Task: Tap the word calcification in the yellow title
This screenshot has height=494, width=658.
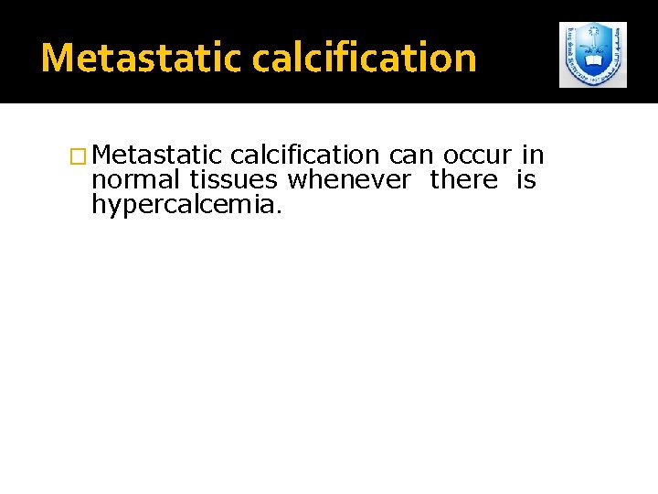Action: pos(364,58)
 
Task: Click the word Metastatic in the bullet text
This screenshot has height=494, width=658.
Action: pos(156,156)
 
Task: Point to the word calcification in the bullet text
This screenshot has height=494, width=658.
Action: pos(305,156)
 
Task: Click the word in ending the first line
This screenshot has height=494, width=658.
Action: pos(533,156)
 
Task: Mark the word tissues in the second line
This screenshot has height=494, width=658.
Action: pos(233,179)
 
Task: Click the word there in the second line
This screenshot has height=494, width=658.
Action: pos(464,179)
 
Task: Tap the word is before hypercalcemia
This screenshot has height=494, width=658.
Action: pos(525,179)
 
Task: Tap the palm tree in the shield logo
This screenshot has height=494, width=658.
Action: pos(593,41)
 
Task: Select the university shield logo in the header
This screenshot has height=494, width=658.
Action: pos(593,55)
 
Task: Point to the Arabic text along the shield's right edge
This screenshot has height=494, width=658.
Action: pos(618,50)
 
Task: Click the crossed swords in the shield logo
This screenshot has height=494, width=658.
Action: pos(593,51)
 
